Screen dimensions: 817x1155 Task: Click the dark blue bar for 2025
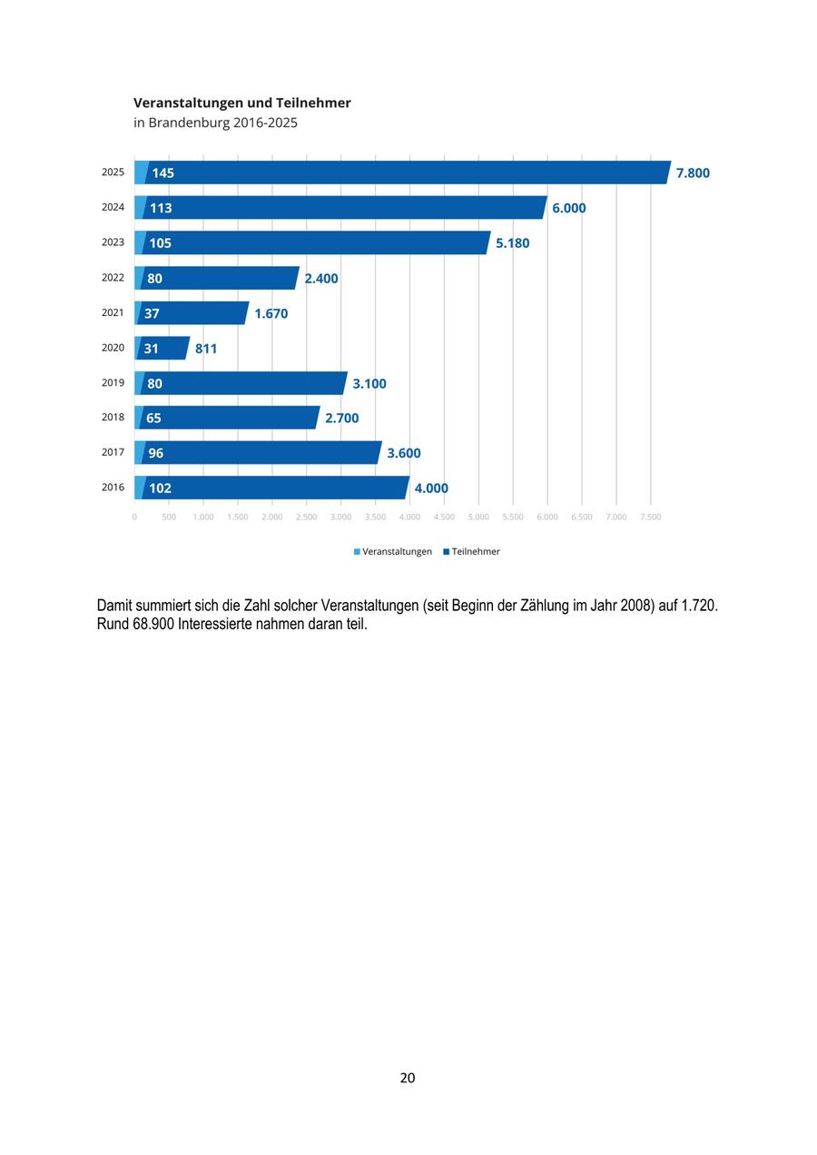408,173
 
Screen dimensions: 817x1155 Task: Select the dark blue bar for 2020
162,348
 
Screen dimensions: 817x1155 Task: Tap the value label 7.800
693,173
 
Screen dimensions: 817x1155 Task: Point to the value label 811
206,349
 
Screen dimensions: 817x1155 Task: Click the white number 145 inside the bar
162,173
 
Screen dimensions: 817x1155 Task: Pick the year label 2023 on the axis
113,242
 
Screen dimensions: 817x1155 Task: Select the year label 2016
113,487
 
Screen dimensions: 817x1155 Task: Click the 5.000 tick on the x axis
478,517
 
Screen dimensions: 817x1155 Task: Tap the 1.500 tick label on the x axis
238,517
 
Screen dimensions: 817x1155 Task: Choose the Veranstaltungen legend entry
393,551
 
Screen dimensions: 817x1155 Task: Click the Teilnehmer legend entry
472,551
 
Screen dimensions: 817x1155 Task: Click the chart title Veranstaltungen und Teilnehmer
241,104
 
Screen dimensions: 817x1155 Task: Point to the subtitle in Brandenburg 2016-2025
215,123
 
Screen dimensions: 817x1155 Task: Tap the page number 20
408,1078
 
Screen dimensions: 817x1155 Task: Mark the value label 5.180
512,242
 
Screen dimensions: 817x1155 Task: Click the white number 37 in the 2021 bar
152,313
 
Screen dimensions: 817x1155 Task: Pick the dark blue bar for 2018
229,417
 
